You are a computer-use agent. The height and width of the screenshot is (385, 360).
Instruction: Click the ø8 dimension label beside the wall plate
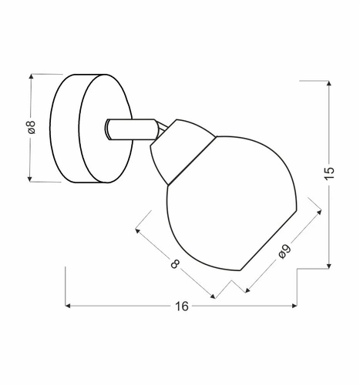(x=32, y=127)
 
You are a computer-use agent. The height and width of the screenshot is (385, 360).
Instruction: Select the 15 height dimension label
(x=330, y=173)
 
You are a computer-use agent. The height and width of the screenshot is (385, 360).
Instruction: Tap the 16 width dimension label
(x=182, y=306)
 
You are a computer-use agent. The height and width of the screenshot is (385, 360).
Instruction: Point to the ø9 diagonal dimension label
(x=284, y=252)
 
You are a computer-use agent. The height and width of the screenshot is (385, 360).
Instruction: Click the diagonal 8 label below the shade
(x=175, y=263)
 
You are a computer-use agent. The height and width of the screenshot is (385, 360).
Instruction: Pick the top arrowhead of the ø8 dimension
(x=32, y=76)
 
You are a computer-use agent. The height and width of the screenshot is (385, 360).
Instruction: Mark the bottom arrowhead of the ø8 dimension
(x=29, y=179)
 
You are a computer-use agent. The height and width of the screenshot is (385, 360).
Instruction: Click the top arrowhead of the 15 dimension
(x=329, y=83)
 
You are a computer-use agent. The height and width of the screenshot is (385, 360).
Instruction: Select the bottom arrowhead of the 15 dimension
(x=329, y=266)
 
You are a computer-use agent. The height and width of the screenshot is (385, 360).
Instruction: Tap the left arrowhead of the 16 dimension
(x=68, y=306)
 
